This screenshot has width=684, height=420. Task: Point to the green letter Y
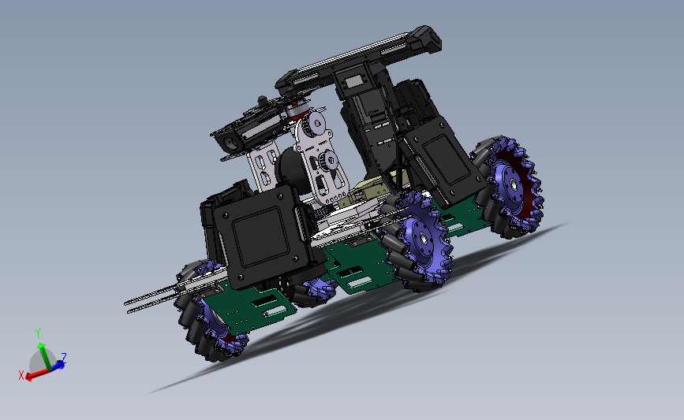click(38, 333)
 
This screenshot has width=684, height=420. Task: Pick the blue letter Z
click(63, 358)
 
